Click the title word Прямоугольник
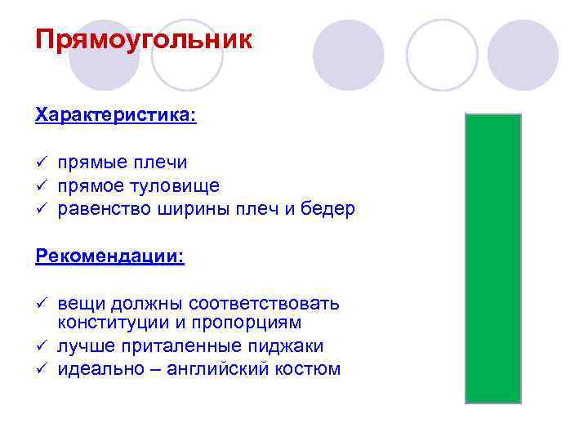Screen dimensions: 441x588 (x=144, y=40)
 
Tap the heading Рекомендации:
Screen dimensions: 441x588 (x=110, y=256)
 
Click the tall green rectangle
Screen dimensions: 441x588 (x=492, y=258)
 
